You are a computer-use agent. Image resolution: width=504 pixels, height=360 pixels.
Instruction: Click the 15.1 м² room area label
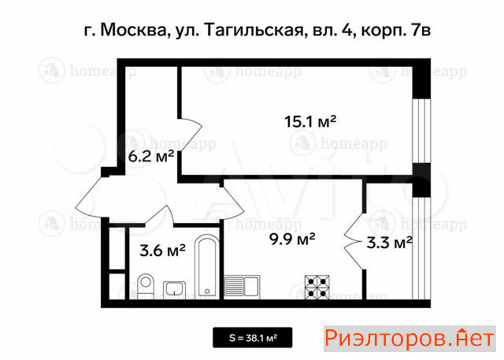[310, 122]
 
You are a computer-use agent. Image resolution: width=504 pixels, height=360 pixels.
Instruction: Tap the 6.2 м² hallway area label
[151, 157]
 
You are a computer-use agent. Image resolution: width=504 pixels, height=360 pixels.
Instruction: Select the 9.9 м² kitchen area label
[292, 239]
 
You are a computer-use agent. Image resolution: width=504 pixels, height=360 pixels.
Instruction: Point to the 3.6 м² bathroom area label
[162, 251]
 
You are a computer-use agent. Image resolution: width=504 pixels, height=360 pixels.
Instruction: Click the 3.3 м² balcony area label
[389, 243]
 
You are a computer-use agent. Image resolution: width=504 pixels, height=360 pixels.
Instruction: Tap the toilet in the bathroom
[146, 286]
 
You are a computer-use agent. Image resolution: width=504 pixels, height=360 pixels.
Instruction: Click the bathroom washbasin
[174, 290]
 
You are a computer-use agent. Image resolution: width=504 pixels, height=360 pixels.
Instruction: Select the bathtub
[207, 266]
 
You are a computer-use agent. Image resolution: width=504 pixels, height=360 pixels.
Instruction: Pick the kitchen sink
[242, 287]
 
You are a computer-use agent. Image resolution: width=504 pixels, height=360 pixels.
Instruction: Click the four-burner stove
[317, 287]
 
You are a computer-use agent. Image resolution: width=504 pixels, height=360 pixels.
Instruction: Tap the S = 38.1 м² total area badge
[253, 337]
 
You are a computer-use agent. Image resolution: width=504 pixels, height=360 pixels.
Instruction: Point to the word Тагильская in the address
[254, 31]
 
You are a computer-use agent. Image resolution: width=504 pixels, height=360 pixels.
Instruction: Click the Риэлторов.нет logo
[409, 339]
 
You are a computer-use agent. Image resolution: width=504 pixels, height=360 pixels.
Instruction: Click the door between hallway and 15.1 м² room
[190, 135]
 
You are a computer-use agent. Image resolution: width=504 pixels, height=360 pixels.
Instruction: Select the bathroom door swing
[160, 215]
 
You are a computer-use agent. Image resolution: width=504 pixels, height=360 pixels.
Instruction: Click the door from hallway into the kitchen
[232, 203]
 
